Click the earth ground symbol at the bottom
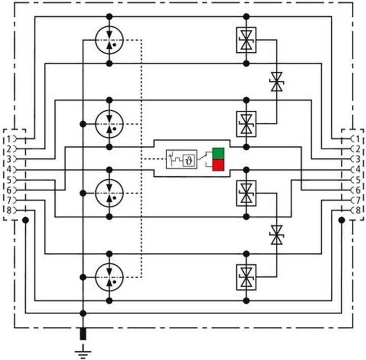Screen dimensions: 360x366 coord(83,350)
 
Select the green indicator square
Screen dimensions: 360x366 coord(219,153)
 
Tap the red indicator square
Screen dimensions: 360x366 coord(219,165)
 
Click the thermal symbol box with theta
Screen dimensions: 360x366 coord(189,158)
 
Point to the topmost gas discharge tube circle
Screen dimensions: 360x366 coord(109,40)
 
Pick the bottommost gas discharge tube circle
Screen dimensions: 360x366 coord(109,277)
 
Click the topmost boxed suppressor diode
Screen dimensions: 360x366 coord(247,40)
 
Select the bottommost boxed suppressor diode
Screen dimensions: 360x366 coord(247,277)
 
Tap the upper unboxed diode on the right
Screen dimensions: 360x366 coord(277,82)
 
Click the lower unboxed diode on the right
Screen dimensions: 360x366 coord(277,235)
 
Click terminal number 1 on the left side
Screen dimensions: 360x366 coord(9,138)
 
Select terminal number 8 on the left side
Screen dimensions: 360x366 coord(9,210)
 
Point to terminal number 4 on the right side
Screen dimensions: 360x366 coord(358,169)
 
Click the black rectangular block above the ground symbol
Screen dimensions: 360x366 coord(83,334)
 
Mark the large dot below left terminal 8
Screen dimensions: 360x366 coord(25,220)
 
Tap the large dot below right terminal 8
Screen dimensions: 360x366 coord(342,220)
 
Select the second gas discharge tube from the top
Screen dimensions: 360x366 coord(109,123)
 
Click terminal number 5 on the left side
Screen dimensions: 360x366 coord(9,179)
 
